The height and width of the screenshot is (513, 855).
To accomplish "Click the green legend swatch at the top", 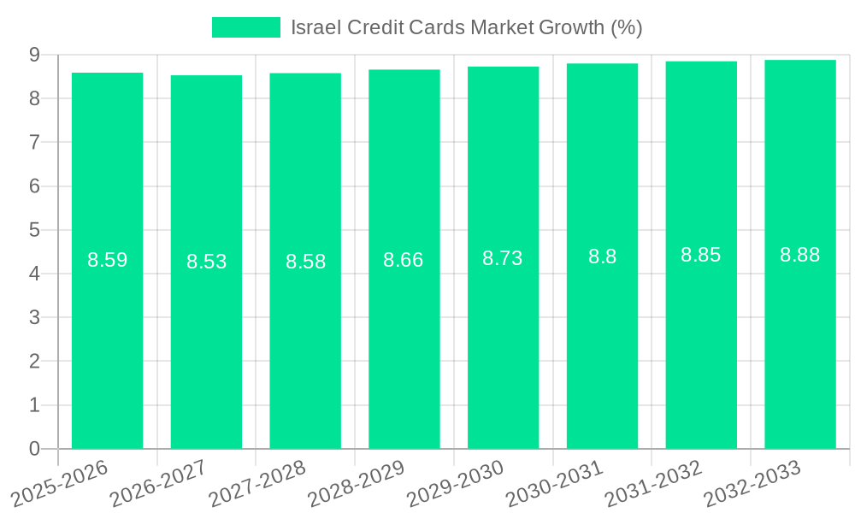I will (x=246, y=27).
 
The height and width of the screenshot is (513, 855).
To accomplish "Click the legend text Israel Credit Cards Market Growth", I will (x=466, y=27).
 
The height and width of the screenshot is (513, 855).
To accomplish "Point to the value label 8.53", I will (x=207, y=262).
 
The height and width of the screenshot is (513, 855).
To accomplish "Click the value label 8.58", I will (x=305, y=262).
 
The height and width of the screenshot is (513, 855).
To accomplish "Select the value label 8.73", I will (x=503, y=258).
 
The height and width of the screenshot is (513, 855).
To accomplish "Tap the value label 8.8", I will (x=602, y=256).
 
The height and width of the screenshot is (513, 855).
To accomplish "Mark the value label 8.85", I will (x=701, y=255).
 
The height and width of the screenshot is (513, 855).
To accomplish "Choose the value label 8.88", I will (x=800, y=254).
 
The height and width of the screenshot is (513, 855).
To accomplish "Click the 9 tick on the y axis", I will (x=34, y=55).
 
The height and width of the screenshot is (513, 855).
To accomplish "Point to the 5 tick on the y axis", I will (x=34, y=230).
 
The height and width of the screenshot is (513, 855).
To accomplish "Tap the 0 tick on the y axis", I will (x=34, y=449).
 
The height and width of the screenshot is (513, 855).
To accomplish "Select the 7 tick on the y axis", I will (x=34, y=142).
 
